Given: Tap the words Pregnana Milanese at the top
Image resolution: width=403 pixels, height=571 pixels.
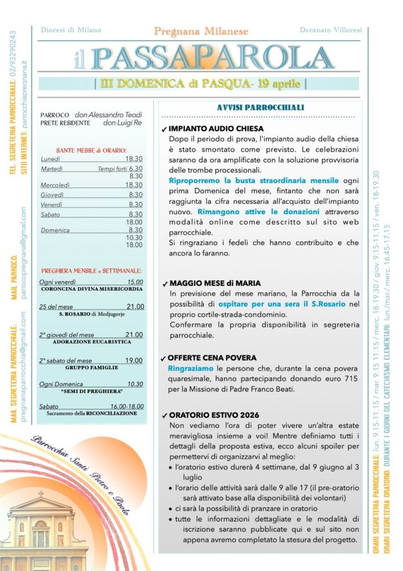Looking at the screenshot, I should coord(201,32).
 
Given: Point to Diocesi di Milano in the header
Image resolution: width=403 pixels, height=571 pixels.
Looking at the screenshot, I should coord(71,29).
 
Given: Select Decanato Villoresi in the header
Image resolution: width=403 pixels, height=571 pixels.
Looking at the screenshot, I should coord(330,29).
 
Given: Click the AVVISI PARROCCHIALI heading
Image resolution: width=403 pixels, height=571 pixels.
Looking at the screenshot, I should coord(260,107).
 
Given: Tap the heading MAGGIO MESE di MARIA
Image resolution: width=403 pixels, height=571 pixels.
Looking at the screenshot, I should coord(215,283).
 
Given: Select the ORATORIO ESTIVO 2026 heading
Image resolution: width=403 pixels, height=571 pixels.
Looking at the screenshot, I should coord(214,415).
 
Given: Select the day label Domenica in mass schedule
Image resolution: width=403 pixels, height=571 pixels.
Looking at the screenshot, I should coord(55,230).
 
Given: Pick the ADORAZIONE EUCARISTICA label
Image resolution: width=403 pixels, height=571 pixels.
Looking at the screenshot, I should coord(91,342).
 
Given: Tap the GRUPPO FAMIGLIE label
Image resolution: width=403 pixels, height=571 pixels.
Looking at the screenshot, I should coord(91,368).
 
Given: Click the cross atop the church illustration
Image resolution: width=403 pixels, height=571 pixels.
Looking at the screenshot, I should coord(40,493).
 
